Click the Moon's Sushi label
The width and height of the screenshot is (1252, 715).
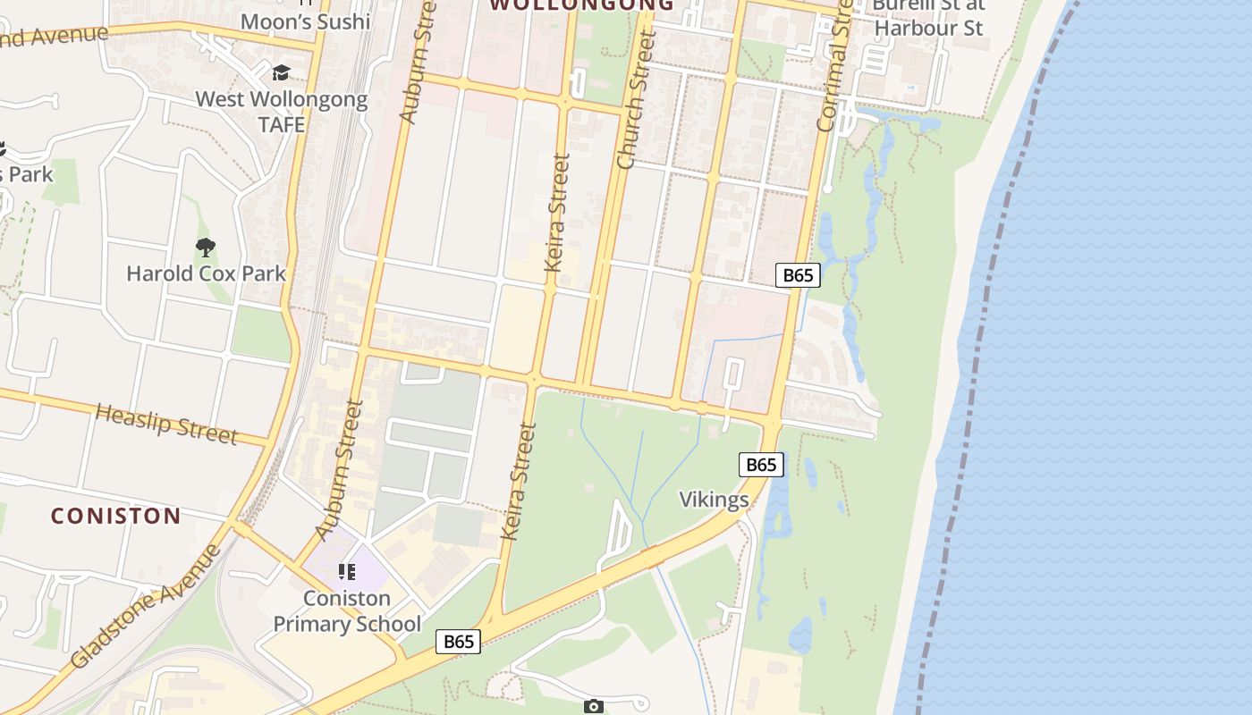[306, 21]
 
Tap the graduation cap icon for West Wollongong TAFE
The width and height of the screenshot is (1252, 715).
[282, 72]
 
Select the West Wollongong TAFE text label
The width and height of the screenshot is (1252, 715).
[282, 111]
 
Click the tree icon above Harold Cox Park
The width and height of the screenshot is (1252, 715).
[206, 247]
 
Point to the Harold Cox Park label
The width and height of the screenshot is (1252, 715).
[206, 273]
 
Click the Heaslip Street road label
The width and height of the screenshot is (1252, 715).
[166, 423]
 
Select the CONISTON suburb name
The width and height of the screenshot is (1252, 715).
[116, 516]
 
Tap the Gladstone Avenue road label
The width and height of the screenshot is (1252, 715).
[147, 605]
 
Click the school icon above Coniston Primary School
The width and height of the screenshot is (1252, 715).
[346, 572]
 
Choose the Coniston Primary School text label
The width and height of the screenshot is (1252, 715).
[347, 610]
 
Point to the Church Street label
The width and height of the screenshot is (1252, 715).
[638, 99]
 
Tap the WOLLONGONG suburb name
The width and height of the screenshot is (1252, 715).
[582, 4]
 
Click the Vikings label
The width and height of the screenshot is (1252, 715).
[714, 499]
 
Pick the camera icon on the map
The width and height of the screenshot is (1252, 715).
[593, 707]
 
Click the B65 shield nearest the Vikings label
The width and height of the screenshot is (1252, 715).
[761, 465]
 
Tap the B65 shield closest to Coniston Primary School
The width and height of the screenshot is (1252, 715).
[458, 641]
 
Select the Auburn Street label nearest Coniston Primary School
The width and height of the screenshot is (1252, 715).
[339, 469]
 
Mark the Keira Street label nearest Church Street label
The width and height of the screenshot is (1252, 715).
[556, 224]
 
